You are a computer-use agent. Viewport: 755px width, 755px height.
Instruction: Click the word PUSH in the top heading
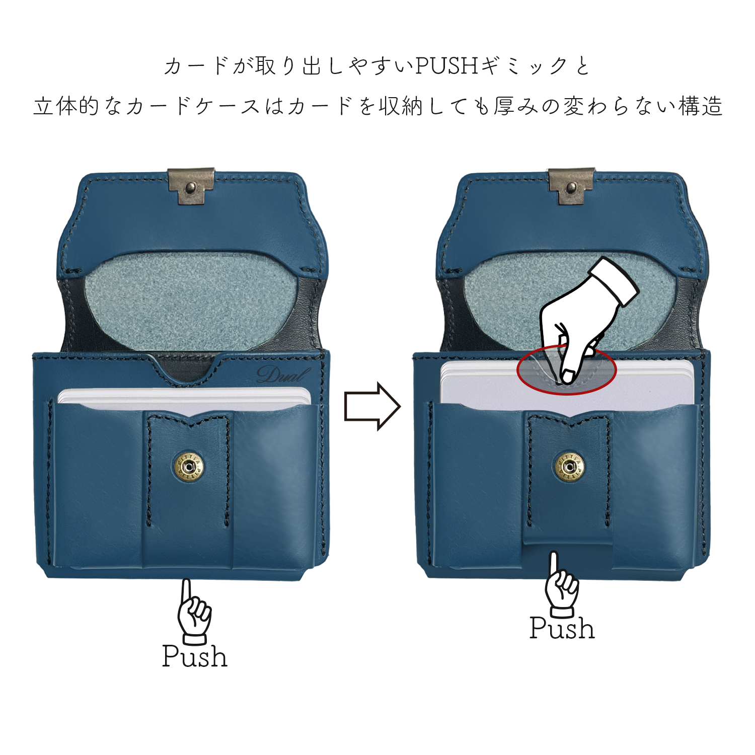click(x=446, y=65)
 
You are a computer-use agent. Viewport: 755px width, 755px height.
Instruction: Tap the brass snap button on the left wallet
click(x=189, y=468)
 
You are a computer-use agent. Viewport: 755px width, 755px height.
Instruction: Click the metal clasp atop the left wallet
click(x=191, y=186)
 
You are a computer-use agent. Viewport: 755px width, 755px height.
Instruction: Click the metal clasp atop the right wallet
click(x=571, y=186)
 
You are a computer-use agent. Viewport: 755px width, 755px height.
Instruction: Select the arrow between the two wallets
click(x=372, y=406)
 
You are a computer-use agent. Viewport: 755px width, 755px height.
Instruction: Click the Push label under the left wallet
click(x=195, y=656)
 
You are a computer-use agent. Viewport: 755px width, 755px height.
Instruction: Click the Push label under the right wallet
click(x=562, y=628)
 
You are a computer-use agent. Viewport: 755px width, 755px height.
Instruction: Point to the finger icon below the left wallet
click(x=193, y=612)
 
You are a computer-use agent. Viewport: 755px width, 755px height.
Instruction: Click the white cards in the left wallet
click(x=184, y=398)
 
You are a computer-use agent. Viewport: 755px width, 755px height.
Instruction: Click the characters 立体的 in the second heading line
click(x=66, y=107)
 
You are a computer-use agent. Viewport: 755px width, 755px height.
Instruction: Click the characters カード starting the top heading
click(x=197, y=66)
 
